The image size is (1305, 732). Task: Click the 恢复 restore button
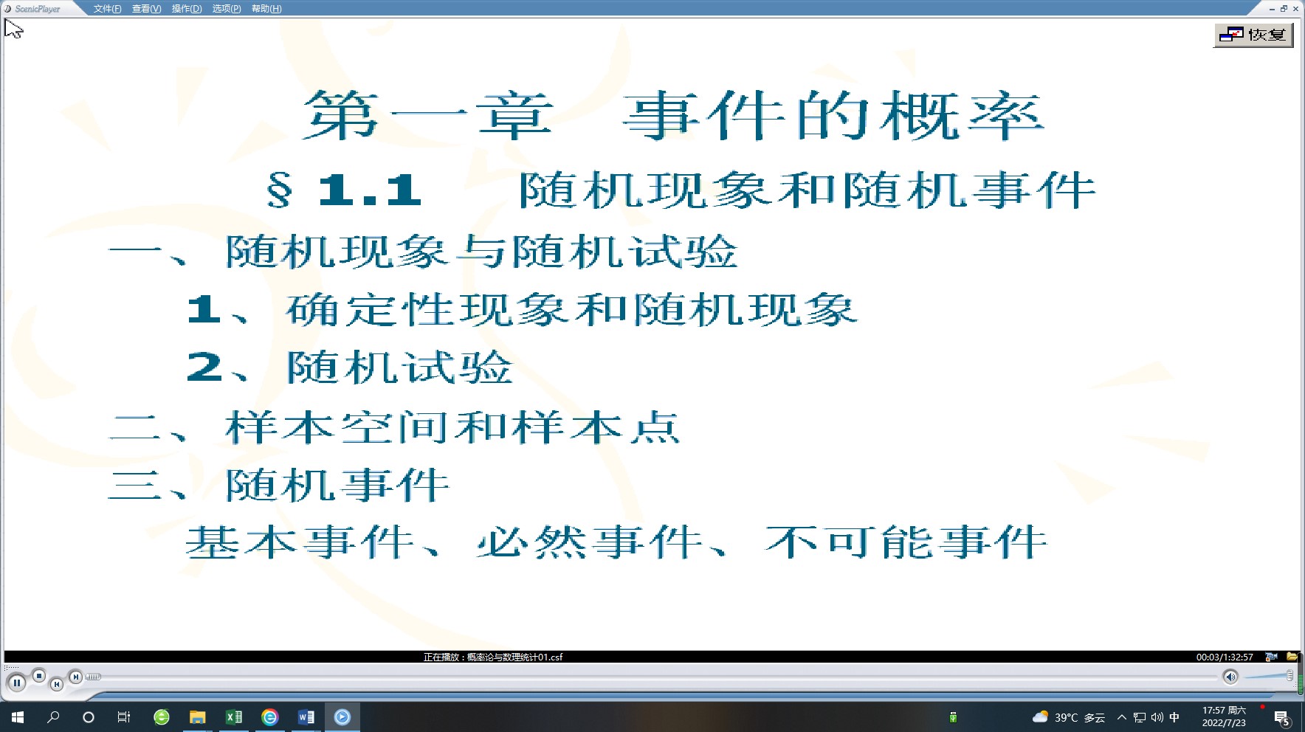pyautogui.click(x=1253, y=35)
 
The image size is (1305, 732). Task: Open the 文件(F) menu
pyautogui.click(x=107, y=9)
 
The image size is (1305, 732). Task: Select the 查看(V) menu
pyautogui.click(x=146, y=9)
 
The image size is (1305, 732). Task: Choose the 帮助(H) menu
pyautogui.click(x=266, y=9)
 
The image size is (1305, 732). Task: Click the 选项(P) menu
pyautogui.click(x=227, y=9)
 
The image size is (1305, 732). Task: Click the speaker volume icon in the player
pyautogui.click(x=1230, y=677)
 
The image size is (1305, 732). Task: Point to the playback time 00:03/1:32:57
pyautogui.click(x=1225, y=657)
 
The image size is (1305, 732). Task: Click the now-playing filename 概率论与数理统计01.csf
pyautogui.click(x=514, y=657)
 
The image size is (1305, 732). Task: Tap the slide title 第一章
pyautogui.click(x=428, y=116)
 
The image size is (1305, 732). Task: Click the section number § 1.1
pyautogui.click(x=344, y=190)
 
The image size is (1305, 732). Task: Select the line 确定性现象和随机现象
pyautogui.click(x=571, y=310)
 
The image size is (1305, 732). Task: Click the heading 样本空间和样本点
pyautogui.click(x=452, y=427)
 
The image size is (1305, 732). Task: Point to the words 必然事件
pyautogui.click(x=589, y=542)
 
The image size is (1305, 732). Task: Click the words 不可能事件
pyautogui.click(x=906, y=542)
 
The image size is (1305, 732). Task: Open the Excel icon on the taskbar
pyautogui.click(x=233, y=717)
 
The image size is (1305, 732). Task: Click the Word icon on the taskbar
pyautogui.click(x=306, y=717)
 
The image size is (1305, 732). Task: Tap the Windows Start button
pyautogui.click(x=18, y=717)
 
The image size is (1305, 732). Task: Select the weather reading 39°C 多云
pyautogui.click(x=1079, y=717)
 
